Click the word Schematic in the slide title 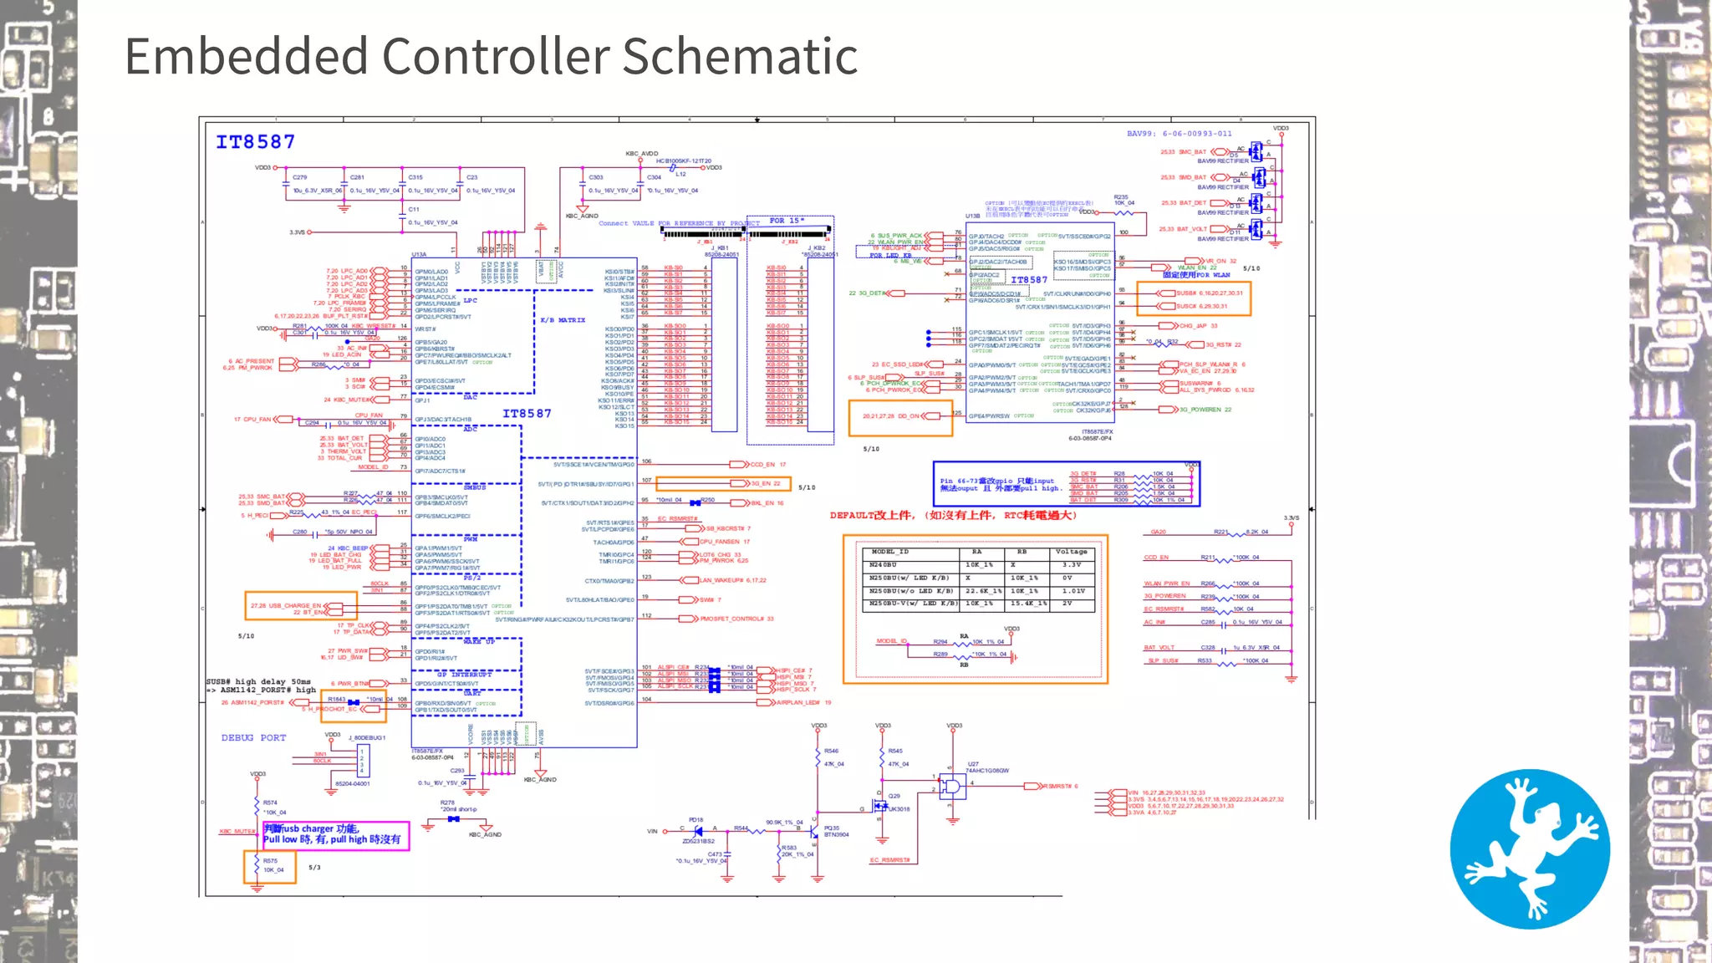click(740, 57)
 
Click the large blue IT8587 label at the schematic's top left click(255, 142)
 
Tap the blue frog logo click(1530, 848)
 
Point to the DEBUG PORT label click(253, 738)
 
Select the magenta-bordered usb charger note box click(335, 835)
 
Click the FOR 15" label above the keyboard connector click(787, 221)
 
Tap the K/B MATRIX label click(563, 320)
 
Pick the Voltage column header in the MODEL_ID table click(1071, 552)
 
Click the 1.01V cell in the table click(1073, 591)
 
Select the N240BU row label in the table click(884, 565)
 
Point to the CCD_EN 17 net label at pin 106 click(767, 464)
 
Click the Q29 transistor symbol click(880, 806)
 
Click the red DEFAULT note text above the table click(953, 516)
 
